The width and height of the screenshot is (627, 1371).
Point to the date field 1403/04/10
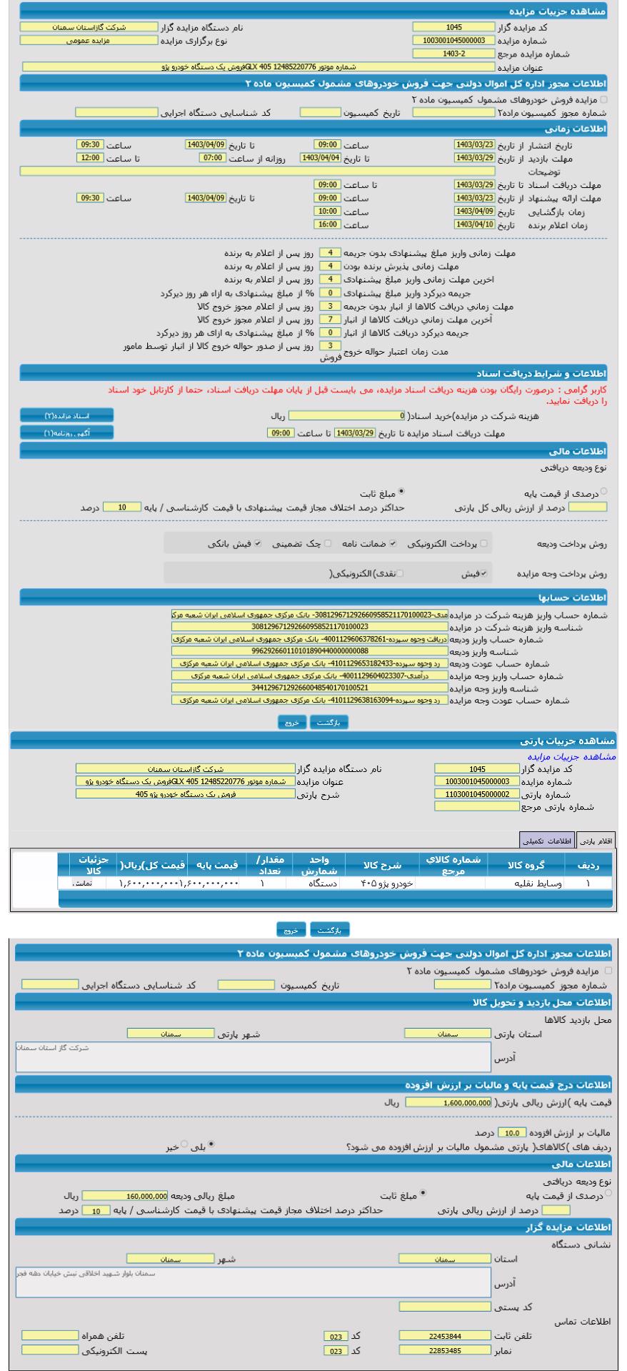(x=474, y=225)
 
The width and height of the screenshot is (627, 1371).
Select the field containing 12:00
(x=90, y=158)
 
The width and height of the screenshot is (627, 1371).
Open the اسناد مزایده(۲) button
(x=66, y=416)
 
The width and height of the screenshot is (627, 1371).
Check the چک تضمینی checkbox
(x=328, y=544)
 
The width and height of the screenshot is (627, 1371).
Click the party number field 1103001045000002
(x=476, y=794)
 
